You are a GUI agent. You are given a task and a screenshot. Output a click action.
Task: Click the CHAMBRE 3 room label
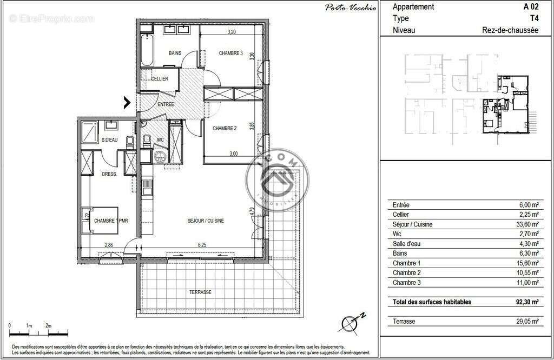pos(231,54)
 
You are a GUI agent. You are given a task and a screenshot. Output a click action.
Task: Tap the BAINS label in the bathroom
pos(175,53)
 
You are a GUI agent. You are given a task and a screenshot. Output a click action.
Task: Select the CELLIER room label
pos(160,79)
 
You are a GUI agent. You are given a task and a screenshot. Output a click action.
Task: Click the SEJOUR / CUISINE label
pos(206,221)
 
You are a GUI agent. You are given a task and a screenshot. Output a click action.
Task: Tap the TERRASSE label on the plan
pos(200,292)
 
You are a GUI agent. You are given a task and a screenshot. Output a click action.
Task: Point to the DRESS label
pos(109,174)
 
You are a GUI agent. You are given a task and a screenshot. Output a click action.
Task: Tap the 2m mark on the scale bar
pos(48,325)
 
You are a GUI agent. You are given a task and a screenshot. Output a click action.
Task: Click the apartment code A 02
pos(530,6)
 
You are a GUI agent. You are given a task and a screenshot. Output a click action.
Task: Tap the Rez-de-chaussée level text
pos(510,30)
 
